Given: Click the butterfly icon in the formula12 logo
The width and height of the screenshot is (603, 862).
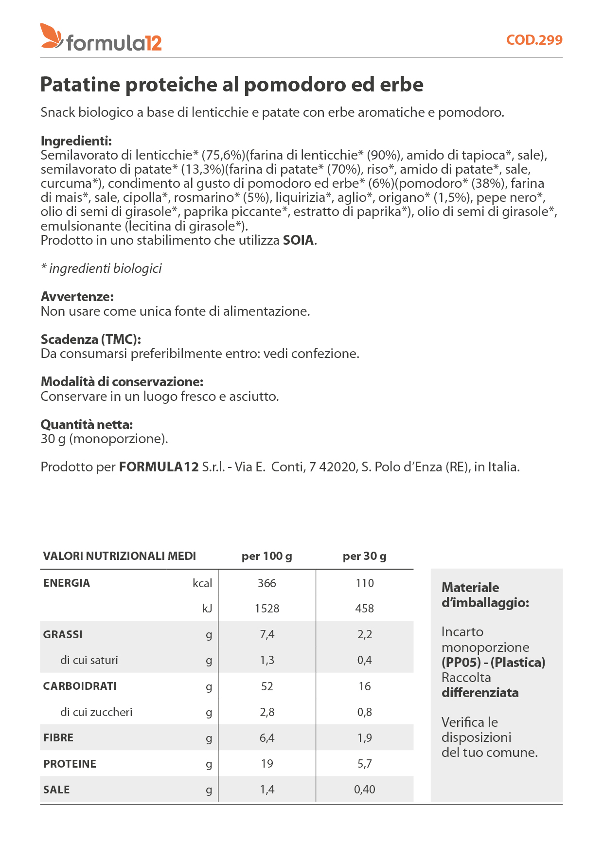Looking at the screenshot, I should (x=51, y=36).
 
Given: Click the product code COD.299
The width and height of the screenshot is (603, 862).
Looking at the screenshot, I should (x=534, y=40).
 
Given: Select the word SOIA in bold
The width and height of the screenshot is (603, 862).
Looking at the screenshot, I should (x=299, y=240).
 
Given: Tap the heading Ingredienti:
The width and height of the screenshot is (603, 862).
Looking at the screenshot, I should (x=76, y=141).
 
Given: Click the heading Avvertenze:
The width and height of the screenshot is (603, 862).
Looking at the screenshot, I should (x=77, y=297).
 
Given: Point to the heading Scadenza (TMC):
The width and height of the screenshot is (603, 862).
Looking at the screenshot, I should (x=91, y=340).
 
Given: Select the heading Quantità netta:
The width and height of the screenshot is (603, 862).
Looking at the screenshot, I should (x=87, y=425).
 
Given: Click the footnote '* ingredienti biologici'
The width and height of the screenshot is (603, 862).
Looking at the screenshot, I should (x=101, y=269).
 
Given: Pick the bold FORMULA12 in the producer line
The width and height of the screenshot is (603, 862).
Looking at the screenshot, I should (x=159, y=467).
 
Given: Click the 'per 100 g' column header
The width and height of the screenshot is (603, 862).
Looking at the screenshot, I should (x=266, y=556).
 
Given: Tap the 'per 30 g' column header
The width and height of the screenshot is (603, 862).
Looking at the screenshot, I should (x=364, y=556).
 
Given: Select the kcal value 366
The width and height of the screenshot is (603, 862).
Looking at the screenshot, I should (x=266, y=583).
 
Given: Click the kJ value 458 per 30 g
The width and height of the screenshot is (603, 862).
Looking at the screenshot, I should (x=364, y=609).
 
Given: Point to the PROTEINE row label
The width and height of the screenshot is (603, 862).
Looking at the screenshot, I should (x=70, y=764).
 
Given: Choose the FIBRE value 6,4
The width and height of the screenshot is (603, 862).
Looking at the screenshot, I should (x=266, y=738).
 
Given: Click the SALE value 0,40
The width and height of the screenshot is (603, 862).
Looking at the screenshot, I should (x=364, y=790).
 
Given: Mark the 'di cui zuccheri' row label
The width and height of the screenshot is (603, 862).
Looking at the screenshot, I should (x=96, y=712).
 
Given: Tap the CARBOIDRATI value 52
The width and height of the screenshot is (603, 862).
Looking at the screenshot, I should (x=266, y=686).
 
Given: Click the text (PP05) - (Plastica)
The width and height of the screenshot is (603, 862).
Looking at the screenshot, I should (x=493, y=663).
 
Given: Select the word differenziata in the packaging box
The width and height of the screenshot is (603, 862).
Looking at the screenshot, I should (x=480, y=693).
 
